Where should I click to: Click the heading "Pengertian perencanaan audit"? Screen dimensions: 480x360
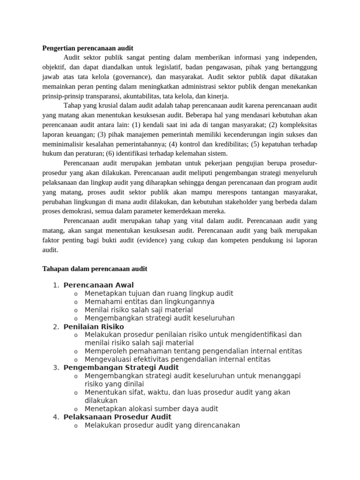[88, 48]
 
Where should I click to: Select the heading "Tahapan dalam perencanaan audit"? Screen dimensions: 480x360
[95, 269]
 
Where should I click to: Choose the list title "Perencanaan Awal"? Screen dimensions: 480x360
[98, 285]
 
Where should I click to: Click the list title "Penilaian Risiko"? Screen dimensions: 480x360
[94, 326]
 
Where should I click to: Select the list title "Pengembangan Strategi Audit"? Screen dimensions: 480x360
[121, 367]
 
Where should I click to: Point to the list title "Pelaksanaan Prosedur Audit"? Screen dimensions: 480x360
[117, 417]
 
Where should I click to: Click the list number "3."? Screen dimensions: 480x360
[56, 367]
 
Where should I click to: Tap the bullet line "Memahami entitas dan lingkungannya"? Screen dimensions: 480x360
[150, 301]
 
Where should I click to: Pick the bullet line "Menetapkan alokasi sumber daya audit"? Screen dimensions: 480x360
[151, 409]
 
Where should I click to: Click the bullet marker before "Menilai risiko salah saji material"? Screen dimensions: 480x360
[75, 310]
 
